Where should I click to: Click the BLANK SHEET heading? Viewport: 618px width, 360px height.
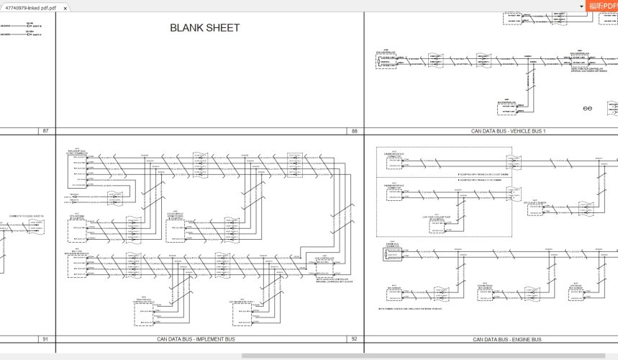pos(204,28)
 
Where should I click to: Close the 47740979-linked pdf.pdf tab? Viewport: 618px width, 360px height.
pos(65,7)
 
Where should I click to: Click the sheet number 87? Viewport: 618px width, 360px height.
pos(46,131)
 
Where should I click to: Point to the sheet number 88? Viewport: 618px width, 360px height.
pos(354,131)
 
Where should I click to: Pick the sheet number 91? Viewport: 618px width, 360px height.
pos(45,339)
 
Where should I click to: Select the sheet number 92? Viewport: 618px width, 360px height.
pos(354,339)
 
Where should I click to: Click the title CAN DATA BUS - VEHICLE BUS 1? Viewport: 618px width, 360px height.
pos(508,131)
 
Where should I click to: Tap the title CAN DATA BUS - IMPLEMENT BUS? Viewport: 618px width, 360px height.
pos(196,339)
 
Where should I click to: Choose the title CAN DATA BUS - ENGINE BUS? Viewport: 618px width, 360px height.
pos(506,339)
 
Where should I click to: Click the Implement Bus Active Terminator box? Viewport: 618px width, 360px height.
pos(78,170)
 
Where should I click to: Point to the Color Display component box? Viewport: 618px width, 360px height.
pos(178,230)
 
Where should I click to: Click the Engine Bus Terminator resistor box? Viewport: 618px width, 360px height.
pos(393,253)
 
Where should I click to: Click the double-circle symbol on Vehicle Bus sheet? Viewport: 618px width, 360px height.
pos(587,107)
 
